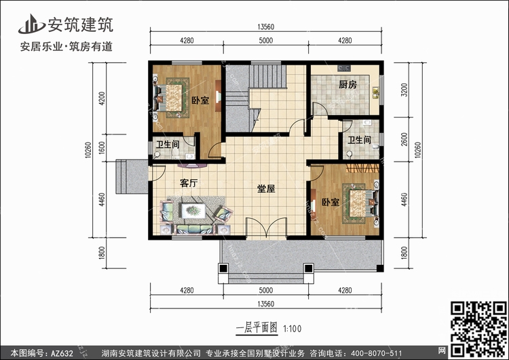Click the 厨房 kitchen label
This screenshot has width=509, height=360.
click(347, 85)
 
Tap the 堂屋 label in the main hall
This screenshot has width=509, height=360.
click(266, 189)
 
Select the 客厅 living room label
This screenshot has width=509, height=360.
click(189, 183)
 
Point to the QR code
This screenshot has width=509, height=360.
click(478, 329)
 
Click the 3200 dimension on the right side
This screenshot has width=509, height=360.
click(404, 90)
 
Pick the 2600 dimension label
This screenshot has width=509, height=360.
click(404, 139)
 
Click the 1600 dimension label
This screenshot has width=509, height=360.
click(102, 148)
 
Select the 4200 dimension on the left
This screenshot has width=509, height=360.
click(102, 98)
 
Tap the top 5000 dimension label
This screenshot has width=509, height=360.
click(266, 41)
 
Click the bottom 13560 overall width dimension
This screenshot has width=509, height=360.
click(266, 304)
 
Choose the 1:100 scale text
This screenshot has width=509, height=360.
click(293, 329)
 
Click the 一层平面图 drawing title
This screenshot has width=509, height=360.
click(257, 328)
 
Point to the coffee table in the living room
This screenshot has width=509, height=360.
click(193, 211)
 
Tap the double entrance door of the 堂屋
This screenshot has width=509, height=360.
click(266, 228)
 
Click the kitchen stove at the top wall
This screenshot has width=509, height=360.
click(344, 68)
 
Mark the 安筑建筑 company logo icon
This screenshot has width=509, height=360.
click(31, 24)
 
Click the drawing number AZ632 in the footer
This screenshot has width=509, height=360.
click(62, 353)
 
